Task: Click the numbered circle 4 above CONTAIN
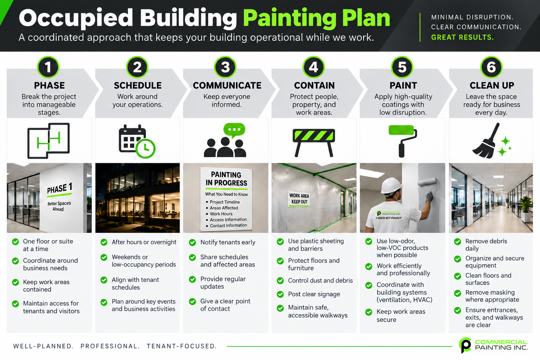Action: click(x=314, y=67)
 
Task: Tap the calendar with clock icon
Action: click(x=137, y=141)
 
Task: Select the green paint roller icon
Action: click(x=403, y=141)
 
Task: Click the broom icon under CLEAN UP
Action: click(x=491, y=141)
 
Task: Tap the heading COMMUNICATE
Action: click(x=227, y=85)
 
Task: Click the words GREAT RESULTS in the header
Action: click(x=462, y=37)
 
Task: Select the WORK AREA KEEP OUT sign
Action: click(x=299, y=199)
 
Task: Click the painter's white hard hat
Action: click(x=392, y=185)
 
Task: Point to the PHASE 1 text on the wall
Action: click(x=59, y=188)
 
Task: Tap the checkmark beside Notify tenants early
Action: click(x=192, y=242)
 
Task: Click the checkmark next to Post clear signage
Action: click(x=280, y=294)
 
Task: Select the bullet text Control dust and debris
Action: click(x=320, y=281)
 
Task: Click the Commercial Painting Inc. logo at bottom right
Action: click(x=493, y=345)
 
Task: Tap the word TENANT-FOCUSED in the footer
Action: click(x=181, y=346)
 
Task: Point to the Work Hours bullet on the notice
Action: click(x=221, y=214)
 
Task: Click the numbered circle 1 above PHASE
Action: click(x=48, y=67)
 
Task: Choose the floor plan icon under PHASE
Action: click(x=49, y=141)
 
